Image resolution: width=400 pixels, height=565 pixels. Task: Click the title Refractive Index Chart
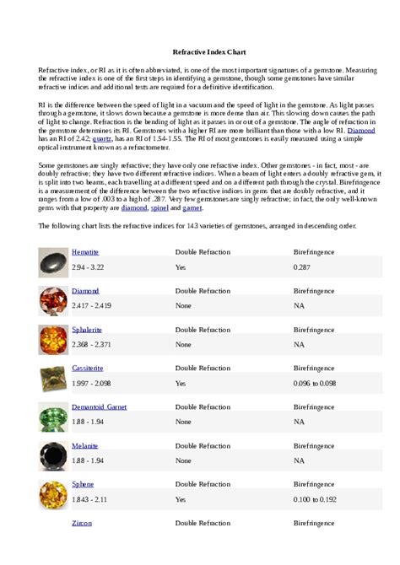[x=200, y=51]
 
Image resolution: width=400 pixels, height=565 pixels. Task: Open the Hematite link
[x=85, y=252]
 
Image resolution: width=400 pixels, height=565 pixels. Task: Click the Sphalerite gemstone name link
[x=87, y=330]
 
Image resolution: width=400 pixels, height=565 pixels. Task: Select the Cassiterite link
[x=88, y=369]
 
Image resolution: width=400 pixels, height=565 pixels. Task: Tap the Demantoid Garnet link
[x=100, y=406]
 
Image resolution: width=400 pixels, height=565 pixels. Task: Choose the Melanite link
[x=84, y=445]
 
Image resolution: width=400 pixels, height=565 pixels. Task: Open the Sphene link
[x=83, y=484]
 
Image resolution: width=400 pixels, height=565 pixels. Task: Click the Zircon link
[x=82, y=523]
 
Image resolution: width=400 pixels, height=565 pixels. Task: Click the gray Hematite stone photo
[x=53, y=262]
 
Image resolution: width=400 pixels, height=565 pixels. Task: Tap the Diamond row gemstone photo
[x=53, y=301]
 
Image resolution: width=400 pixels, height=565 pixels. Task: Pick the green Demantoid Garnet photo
[x=53, y=417]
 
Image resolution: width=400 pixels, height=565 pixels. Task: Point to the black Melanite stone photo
[x=53, y=455]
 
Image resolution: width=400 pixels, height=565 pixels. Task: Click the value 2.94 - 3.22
[x=88, y=267]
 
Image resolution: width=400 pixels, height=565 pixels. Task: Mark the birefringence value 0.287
[x=303, y=267]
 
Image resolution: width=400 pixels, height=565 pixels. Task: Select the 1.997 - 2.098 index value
[x=91, y=383]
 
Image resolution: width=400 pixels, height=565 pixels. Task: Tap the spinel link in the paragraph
[x=159, y=207]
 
